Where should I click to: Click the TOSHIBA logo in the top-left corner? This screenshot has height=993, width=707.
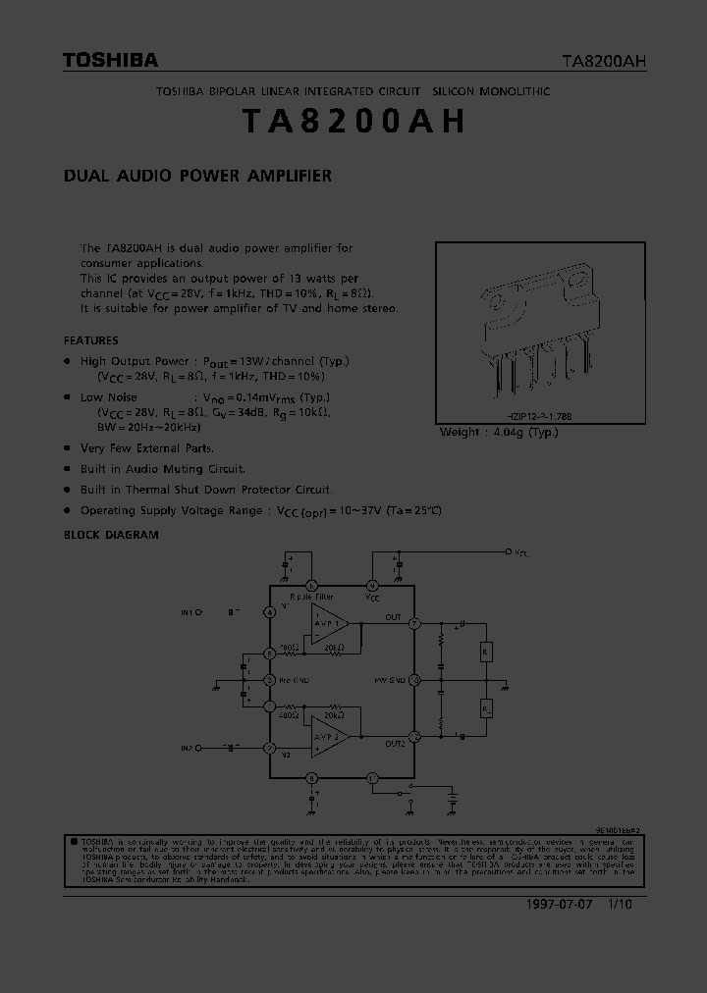[x=110, y=61]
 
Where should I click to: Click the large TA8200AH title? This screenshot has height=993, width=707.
[x=353, y=122]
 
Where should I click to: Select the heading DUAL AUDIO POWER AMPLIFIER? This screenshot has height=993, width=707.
[x=197, y=177]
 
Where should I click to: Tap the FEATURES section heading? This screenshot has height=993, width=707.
[x=91, y=340]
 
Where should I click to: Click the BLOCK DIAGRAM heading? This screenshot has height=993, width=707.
[x=111, y=535]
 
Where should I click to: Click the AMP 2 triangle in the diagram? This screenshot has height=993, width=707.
[x=329, y=737]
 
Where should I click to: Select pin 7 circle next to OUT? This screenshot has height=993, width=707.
[x=415, y=623]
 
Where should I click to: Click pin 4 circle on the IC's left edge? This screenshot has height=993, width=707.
[x=270, y=612]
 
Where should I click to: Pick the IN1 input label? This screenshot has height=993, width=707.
[x=190, y=612]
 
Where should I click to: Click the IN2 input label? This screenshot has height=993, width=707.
[x=188, y=749]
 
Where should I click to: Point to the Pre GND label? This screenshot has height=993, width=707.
[x=296, y=679]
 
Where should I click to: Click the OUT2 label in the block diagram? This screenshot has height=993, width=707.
[x=394, y=744]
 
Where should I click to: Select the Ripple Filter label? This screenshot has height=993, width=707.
[x=310, y=596]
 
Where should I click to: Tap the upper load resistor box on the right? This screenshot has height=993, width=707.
[x=485, y=651]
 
